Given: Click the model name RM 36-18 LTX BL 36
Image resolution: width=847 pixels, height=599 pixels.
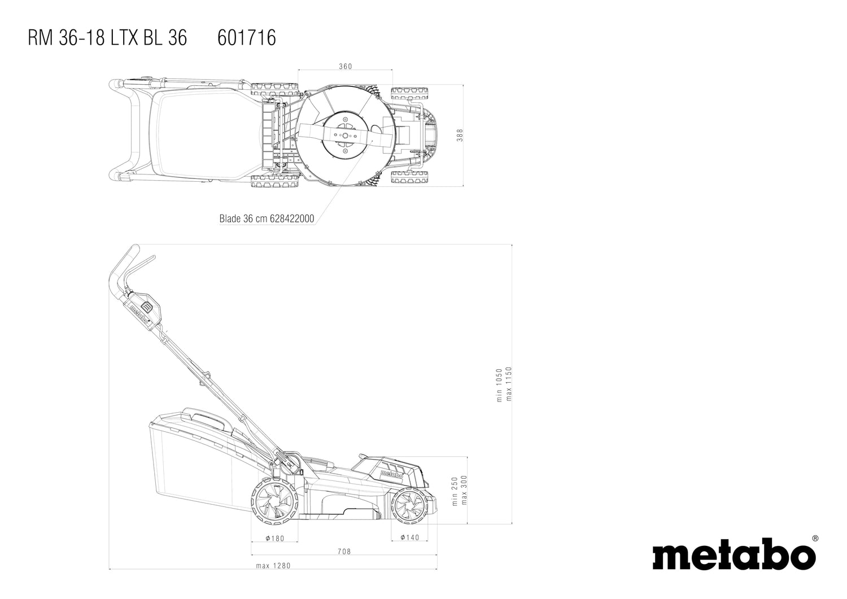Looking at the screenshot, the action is coord(107,38).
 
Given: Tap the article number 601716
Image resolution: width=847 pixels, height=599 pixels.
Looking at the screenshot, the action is coord(247,38).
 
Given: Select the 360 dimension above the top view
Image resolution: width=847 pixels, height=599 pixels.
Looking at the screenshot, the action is coord(345,67).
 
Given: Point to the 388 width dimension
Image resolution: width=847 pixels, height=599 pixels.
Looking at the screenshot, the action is coord(460,135).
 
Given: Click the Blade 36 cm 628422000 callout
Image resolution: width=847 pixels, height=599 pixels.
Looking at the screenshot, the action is coord(267,218).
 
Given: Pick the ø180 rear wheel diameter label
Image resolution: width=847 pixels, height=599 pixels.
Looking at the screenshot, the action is coord(274,539).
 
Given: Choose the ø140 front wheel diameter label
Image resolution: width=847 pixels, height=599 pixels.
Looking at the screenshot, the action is coord(410,537).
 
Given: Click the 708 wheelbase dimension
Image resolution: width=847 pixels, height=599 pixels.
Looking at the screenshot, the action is coord(344,552).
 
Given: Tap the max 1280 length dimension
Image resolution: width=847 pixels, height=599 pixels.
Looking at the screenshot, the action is coord(273,566).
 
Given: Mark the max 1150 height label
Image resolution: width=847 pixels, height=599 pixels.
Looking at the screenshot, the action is coord(509,384).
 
